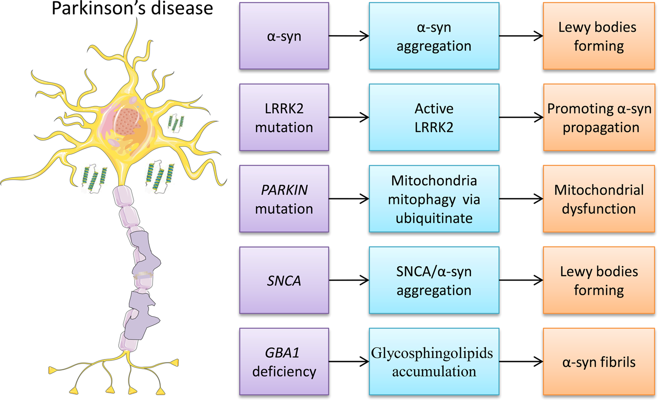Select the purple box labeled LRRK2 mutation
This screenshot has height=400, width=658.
[284, 118]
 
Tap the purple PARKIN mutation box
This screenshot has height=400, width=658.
[284, 199]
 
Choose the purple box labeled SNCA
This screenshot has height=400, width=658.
[284, 280]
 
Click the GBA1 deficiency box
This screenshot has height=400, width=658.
[284, 361]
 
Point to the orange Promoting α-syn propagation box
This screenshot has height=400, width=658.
[599, 118]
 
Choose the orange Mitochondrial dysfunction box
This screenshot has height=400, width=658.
[599, 199]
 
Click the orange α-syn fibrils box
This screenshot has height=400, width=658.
[599, 361]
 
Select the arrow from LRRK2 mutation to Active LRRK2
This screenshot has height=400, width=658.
[349, 118]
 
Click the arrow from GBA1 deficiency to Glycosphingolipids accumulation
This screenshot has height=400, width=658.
[349, 361]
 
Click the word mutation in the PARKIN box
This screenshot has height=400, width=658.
[284, 209]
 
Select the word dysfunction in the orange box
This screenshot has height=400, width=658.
[599, 209]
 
